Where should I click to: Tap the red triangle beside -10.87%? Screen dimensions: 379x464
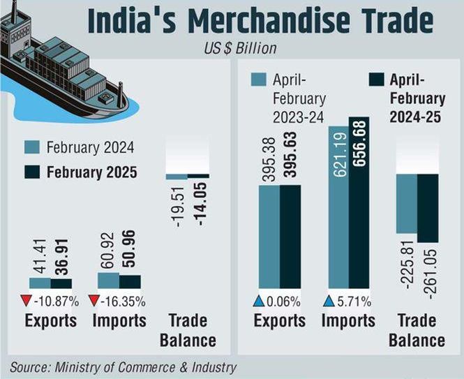pos(25,302)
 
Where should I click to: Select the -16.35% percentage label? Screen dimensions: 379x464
pos(125,302)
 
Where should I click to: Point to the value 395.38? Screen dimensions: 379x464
pos(270,161)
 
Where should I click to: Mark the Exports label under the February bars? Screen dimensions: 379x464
pos(51,321)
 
